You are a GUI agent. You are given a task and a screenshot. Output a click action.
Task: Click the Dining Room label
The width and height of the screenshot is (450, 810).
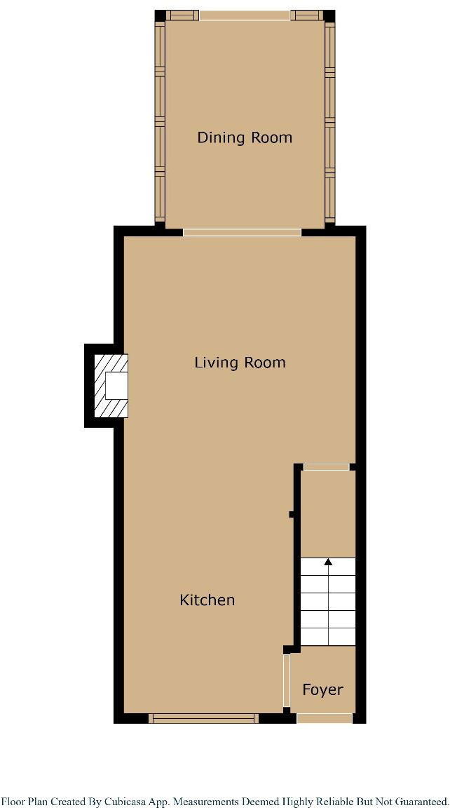(244, 137)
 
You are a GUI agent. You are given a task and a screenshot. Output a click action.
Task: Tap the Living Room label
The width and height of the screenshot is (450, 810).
(240, 363)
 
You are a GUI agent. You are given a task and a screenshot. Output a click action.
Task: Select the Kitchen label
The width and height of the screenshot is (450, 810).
(207, 600)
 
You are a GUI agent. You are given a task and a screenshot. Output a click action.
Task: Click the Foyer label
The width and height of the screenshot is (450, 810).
(322, 689)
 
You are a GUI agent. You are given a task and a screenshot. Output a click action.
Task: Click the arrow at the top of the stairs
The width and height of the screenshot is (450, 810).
(328, 561)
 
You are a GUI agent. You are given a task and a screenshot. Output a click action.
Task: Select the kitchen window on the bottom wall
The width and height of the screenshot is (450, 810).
(204, 717)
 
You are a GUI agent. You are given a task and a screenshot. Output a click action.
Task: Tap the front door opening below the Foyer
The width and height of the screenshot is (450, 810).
(325, 717)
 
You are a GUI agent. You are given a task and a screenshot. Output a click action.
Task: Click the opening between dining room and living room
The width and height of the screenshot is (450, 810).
(242, 231)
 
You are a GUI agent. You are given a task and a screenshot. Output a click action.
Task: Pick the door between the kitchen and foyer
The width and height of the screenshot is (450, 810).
(286, 681)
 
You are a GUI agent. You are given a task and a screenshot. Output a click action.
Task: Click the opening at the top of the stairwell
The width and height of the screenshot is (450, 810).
(326, 466)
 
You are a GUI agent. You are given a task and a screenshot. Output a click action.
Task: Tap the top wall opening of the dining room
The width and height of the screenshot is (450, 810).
(244, 15)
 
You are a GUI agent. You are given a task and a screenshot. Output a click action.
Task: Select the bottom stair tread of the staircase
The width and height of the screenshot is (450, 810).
(328, 637)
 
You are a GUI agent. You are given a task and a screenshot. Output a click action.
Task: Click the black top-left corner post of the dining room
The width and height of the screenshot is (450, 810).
(160, 15)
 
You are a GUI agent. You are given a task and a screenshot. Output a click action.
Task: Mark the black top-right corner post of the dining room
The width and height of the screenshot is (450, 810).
(329, 15)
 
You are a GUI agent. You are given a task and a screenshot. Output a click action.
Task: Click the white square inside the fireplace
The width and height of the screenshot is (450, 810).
(116, 386)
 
